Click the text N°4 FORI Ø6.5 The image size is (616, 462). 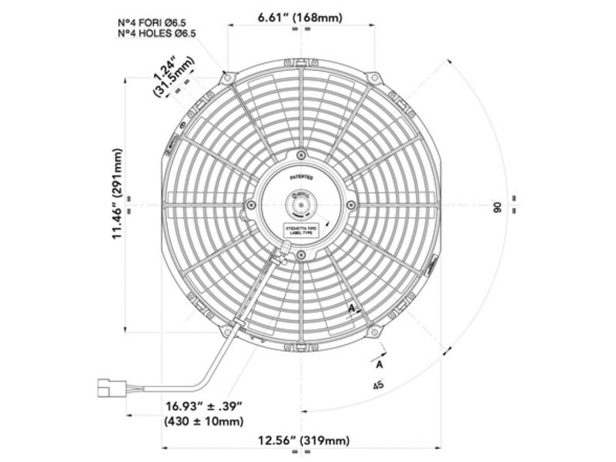pos(159,22)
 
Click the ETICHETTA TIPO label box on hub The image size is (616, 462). pos(301,231)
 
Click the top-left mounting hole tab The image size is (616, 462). pos(226,77)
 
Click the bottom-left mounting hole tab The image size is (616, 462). pos(226,332)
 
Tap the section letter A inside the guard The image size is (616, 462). pos(351,307)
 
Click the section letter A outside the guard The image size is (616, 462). pos(380,359)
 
